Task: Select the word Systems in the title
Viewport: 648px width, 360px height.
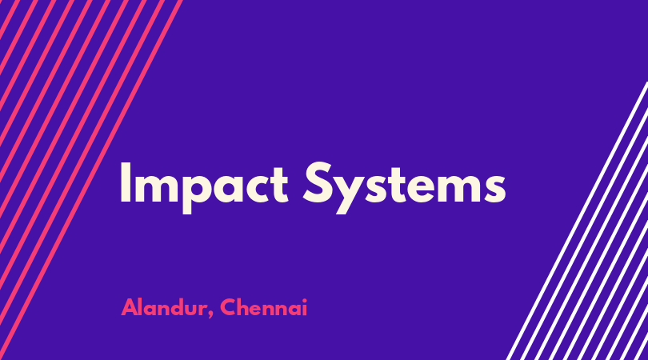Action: [404, 188]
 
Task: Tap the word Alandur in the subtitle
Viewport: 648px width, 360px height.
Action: [164, 307]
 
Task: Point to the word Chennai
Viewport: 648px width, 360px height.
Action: [264, 307]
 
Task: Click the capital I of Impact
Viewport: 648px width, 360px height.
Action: [126, 182]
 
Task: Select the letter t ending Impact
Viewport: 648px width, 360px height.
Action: [279, 184]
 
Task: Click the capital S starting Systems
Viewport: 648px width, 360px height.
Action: [318, 182]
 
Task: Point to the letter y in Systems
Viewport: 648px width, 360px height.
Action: [350, 194]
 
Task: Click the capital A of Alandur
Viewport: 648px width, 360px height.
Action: [130, 307]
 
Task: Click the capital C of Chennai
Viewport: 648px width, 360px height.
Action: [229, 307]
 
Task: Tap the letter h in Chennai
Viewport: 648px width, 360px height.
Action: [245, 306]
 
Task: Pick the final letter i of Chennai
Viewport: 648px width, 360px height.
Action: [305, 307]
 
